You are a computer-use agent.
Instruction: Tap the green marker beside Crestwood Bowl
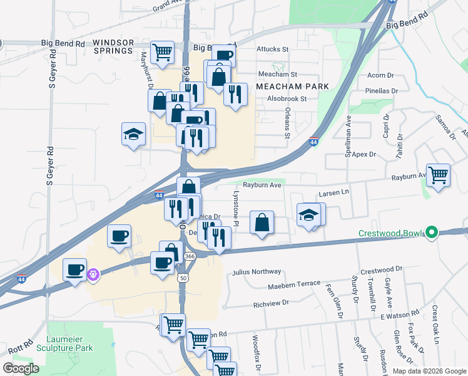point(431,232)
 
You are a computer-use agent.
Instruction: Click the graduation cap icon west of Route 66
point(133,134)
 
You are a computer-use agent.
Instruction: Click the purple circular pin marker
point(94,274)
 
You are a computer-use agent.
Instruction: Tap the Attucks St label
point(272,48)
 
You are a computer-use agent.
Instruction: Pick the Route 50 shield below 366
point(184,276)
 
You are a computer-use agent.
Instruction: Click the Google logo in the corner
point(21,368)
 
